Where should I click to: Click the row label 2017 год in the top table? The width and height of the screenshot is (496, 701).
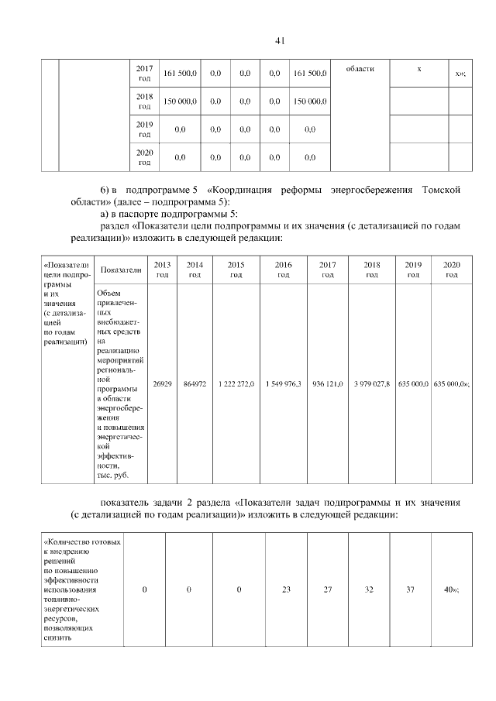click(x=144, y=74)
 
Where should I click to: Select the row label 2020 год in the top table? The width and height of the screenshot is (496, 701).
click(x=144, y=157)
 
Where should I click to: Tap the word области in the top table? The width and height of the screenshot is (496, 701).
click(x=360, y=69)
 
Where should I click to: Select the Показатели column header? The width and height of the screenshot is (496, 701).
click(x=121, y=270)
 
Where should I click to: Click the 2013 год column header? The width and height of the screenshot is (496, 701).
click(x=163, y=270)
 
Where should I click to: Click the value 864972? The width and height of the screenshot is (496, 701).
click(x=195, y=383)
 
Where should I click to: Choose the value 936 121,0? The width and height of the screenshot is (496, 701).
click(x=328, y=383)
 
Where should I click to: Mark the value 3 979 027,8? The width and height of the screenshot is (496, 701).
click(x=371, y=383)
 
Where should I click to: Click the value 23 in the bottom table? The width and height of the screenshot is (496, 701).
click(x=286, y=590)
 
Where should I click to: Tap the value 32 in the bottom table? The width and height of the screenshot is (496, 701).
click(x=369, y=590)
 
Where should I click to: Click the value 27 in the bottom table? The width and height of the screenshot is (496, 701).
click(x=328, y=590)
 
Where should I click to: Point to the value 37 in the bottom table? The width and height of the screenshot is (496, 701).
click(x=411, y=590)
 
